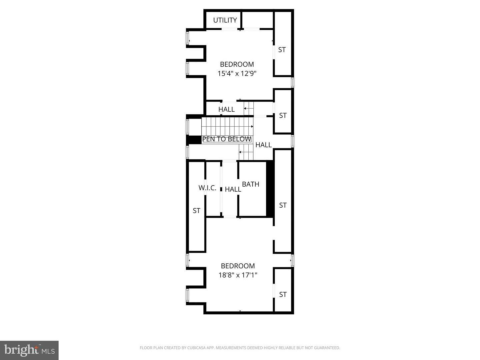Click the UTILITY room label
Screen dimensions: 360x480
(225, 20)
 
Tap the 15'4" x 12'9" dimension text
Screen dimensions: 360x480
(237, 74)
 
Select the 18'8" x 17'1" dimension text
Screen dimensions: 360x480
(238, 275)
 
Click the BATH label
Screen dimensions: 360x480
(251, 184)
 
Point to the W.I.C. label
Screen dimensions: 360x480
(207, 188)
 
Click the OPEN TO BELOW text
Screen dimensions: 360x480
(227, 139)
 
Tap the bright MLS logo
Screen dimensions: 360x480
(29, 350)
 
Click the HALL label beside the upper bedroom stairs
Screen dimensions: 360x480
(226, 109)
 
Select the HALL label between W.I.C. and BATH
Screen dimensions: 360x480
(233, 189)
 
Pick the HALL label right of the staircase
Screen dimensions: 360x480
(263, 145)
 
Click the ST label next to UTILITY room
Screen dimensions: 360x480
(282, 50)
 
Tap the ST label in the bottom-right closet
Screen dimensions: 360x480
(283, 295)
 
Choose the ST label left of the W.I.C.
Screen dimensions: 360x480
(196, 211)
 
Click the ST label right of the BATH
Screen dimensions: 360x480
(283, 205)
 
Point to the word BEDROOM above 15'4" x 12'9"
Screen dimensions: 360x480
(237, 64)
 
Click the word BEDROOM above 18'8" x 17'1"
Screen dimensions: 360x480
(238, 266)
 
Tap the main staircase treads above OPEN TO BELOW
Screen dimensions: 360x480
(227, 127)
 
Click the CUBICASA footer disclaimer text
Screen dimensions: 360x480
(240, 348)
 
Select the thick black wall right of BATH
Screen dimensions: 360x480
(270, 189)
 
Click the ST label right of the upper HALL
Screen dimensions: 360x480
(283, 116)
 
